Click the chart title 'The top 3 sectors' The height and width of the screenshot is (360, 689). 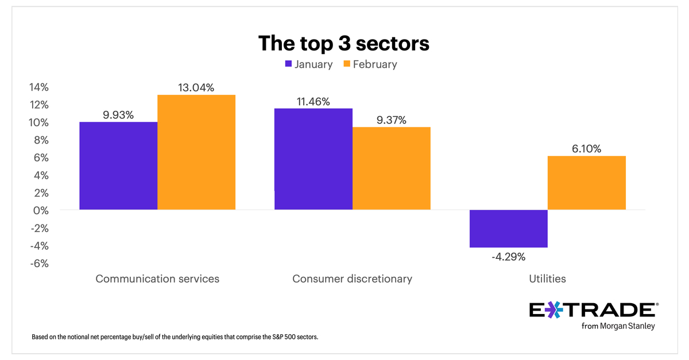tap(344, 43)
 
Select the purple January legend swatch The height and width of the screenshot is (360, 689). tap(288, 64)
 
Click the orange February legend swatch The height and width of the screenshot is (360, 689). tap(346, 64)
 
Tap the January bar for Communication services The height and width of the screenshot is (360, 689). tap(118, 166)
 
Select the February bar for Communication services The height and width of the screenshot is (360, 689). tap(196, 152)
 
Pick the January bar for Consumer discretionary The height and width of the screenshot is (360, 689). tap(313, 159)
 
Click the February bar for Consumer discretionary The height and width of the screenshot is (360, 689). tap(392, 168)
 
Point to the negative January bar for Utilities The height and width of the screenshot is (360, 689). tap(508, 229)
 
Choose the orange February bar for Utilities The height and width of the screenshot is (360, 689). tap(586, 183)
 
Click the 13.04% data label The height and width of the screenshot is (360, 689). tap(196, 87)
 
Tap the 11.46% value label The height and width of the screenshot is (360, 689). tap(313, 102)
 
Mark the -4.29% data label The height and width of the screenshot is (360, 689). tap(508, 257)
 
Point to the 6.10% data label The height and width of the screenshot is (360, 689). tap(586, 149)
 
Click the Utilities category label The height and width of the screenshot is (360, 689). tap(547, 278)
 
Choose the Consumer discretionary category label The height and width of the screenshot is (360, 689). tap(352, 278)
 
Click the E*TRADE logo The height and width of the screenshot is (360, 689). tap(592, 310)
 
